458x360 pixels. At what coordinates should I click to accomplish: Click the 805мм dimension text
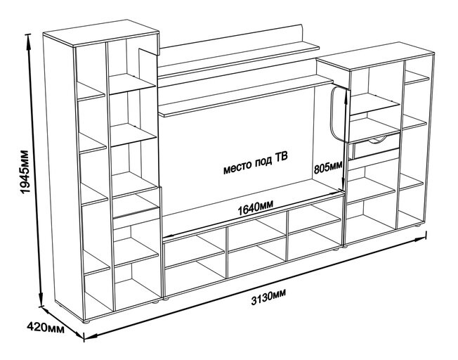point(327,167)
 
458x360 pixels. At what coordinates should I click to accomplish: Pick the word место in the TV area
point(237,169)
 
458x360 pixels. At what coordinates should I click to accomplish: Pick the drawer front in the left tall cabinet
point(136,208)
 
